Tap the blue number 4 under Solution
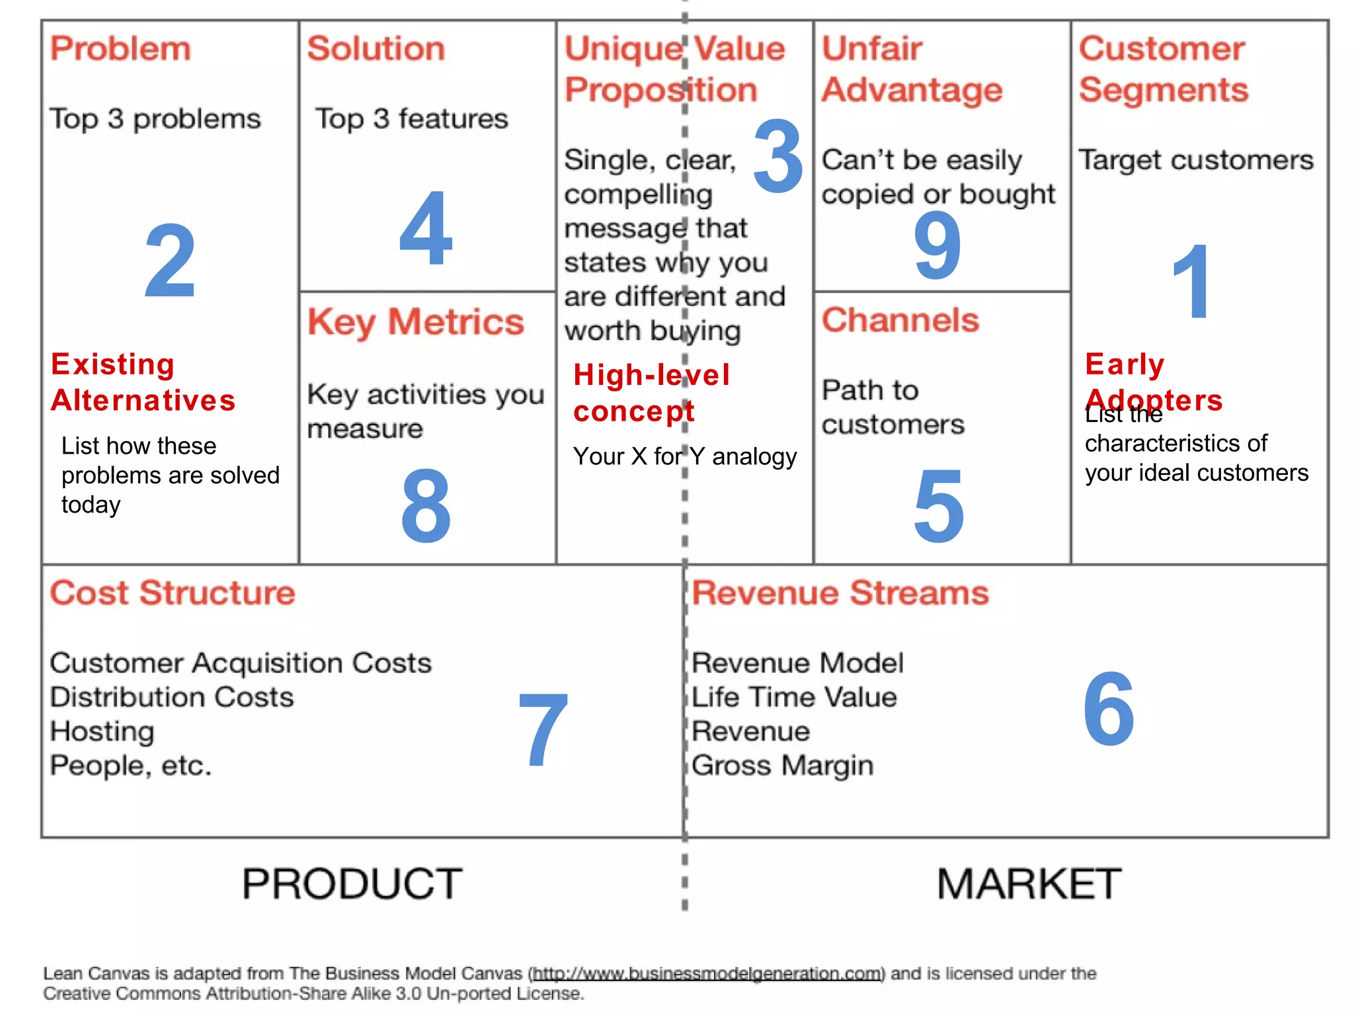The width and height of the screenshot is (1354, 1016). pyautogui.click(x=426, y=228)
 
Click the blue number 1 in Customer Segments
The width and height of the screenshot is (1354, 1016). pyautogui.click(x=1191, y=282)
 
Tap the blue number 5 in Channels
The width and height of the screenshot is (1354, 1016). pyautogui.click(x=939, y=505)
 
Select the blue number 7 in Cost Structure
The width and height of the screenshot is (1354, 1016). pyautogui.click(x=543, y=730)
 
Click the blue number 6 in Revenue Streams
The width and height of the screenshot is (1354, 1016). pyautogui.click(x=1109, y=708)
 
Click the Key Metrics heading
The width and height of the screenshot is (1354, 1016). pyautogui.click(x=416, y=323)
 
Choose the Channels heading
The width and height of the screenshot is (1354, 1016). pyautogui.click(x=900, y=321)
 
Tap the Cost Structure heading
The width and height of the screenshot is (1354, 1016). pyautogui.click(x=173, y=593)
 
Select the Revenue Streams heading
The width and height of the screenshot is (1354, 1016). pyautogui.click(x=840, y=593)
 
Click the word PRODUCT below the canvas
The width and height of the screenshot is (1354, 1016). pyautogui.click(x=352, y=884)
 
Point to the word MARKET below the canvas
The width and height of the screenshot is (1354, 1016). pyautogui.click(x=1029, y=884)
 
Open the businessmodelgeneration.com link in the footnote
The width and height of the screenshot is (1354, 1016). pyautogui.click(x=707, y=974)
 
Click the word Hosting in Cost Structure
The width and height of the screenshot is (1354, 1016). pyautogui.click(x=102, y=732)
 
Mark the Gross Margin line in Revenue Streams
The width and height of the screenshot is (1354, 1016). pyautogui.click(x=783, y=766)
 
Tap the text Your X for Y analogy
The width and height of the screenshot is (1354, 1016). pyautogui.click(x=685, y=456)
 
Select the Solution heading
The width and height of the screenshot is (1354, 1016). pyautogui.click(x=376, y=49)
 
